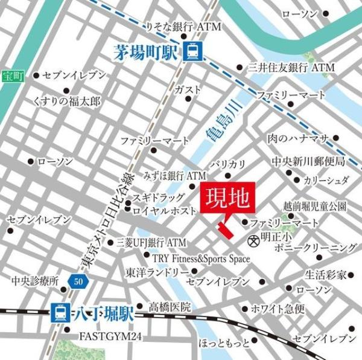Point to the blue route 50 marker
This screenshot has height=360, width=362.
click(77, 281)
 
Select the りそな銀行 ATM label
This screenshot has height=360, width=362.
click(184, 27)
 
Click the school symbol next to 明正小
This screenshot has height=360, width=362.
click(254, 240)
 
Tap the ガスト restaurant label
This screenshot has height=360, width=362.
click(187, 89)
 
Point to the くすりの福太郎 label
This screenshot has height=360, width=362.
click(67, 100)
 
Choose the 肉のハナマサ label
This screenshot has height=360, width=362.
click(298, 139)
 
